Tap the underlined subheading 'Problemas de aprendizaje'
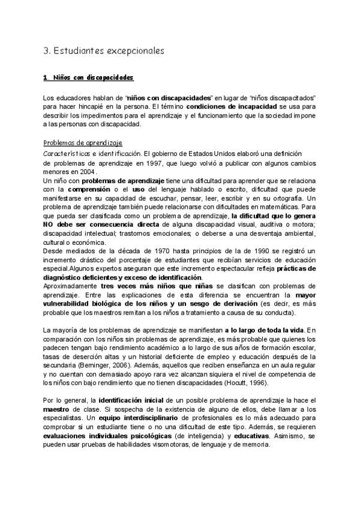(x=83, y=143)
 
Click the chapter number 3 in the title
(x=47, y=52)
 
